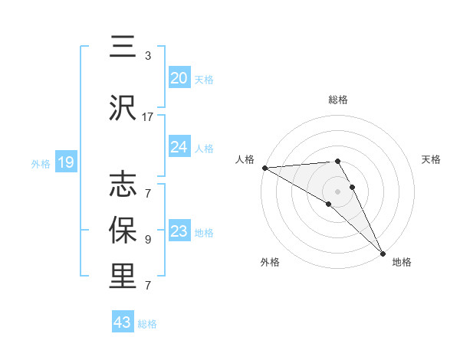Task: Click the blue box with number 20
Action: click(x=179, y=78)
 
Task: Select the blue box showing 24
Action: click(x=179, y=147)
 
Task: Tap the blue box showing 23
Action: click(x=179, y=232)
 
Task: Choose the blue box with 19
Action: click(x=65, y=162)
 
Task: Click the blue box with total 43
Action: click(x=123, y=322)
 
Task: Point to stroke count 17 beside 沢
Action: click(x=148, y=117)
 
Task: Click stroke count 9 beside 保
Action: click(x=148, y=239)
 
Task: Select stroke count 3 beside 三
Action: click(x=148, y=56)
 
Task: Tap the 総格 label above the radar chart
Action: click(x=338, y=100)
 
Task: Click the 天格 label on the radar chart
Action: click(x=431, y=159)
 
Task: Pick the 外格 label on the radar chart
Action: click(x=270, y=262)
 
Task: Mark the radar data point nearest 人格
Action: click(x=264, y=168)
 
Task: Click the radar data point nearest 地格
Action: click(x=383, y=253)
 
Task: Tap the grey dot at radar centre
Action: click(x=338, y=191)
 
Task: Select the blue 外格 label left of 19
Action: click(x=40, y=163)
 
